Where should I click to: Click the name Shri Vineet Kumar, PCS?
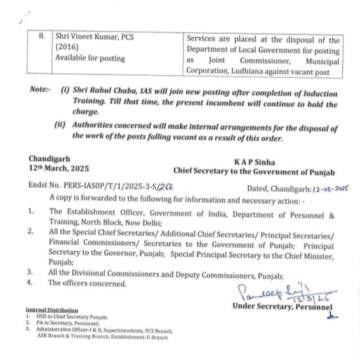[95, 36]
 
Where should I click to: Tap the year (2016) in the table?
[65, 47]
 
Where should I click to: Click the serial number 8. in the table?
[42, 36]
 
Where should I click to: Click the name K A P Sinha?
[254, 162]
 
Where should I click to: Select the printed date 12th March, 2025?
[59, 168]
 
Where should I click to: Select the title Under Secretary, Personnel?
[282, 307]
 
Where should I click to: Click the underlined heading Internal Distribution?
[52, 310]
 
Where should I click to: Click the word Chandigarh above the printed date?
[50, 159]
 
